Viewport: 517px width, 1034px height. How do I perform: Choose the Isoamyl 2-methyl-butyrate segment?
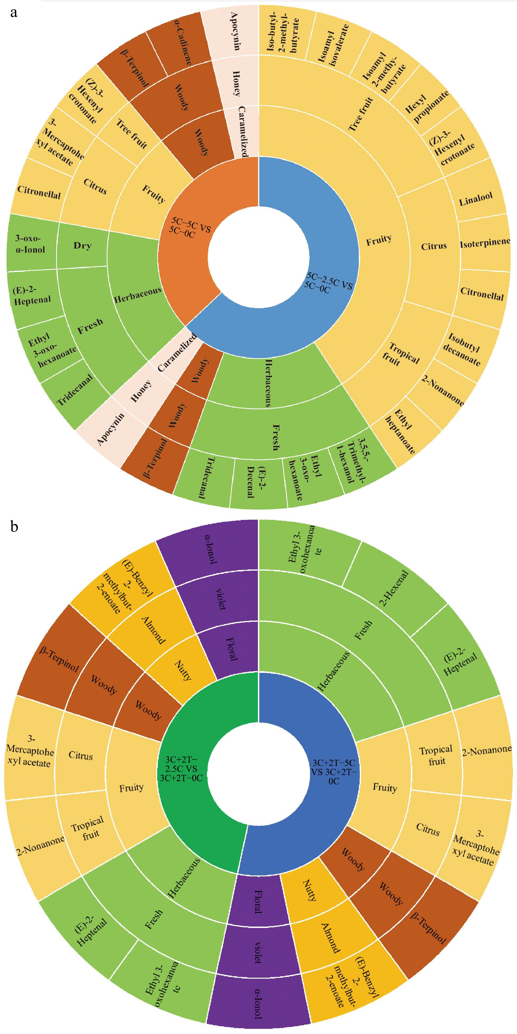tap(383, 72)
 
